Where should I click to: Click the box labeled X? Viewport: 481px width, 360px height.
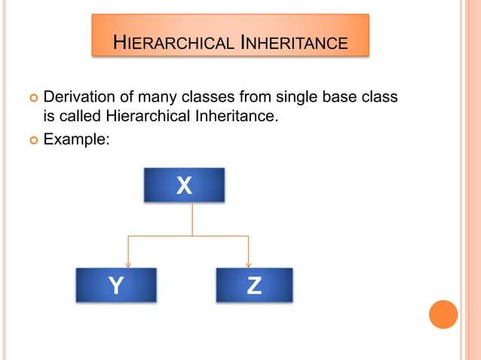(x=184, y=185)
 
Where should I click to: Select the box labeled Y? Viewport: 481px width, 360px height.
(x=116, y=285)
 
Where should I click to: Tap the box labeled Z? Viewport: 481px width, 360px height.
(x=254, y=285)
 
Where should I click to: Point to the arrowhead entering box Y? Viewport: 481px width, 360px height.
(x=129, y=264)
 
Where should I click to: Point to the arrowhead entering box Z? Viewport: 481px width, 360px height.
(x=248, y=264)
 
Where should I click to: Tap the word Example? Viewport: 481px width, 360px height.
(x=76, y=139)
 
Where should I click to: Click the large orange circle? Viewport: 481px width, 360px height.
(x=443, y=314)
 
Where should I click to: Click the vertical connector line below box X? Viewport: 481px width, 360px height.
(x=192, y=219)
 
